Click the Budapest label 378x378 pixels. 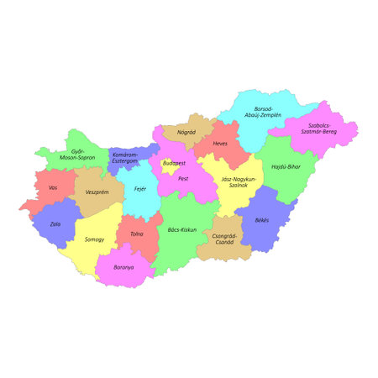click(x=174, y=163)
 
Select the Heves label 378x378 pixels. click(x=220, y=144)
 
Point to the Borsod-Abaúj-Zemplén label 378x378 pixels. click(x=263, y=111)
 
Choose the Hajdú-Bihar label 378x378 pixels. click(x=286, y=167)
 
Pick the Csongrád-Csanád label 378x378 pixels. click(x=224, y=239)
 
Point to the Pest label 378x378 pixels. click(x=183, y=179)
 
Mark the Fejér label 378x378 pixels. click(x=140, y=189)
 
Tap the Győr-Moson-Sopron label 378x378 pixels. click(x=77, y=155)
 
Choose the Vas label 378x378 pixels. click(x=53, y=187)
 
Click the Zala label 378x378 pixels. click(x=55, y=224)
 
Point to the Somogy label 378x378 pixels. click(x=95, y=239)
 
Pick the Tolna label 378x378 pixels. click(x=137, y=234)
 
